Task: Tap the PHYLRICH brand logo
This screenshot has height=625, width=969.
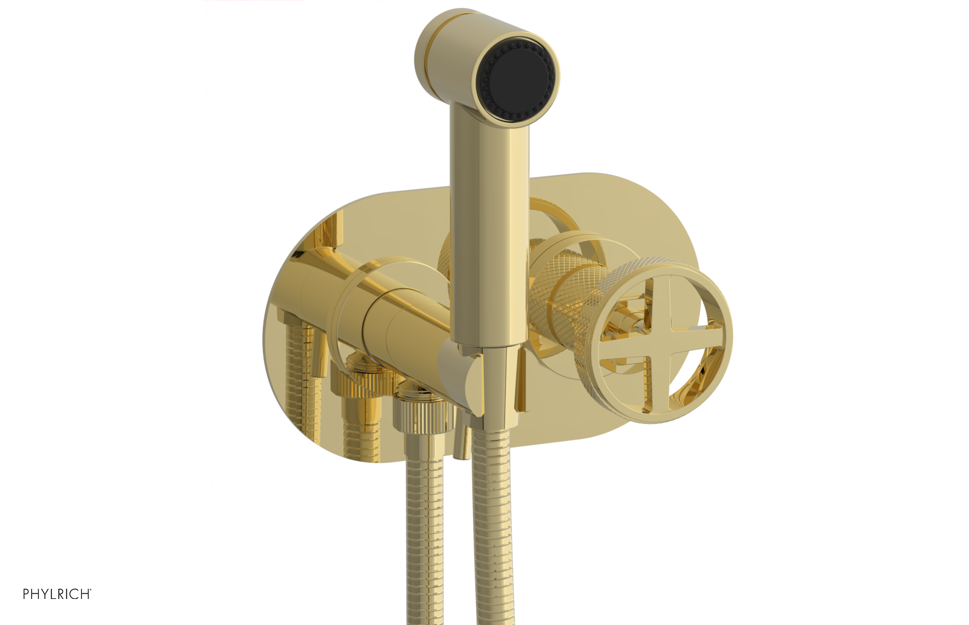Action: (x=57, y=594)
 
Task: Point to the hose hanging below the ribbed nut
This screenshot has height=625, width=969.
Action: (x=425, y=533)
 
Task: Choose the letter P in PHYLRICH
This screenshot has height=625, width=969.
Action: (x=27, y=594)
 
